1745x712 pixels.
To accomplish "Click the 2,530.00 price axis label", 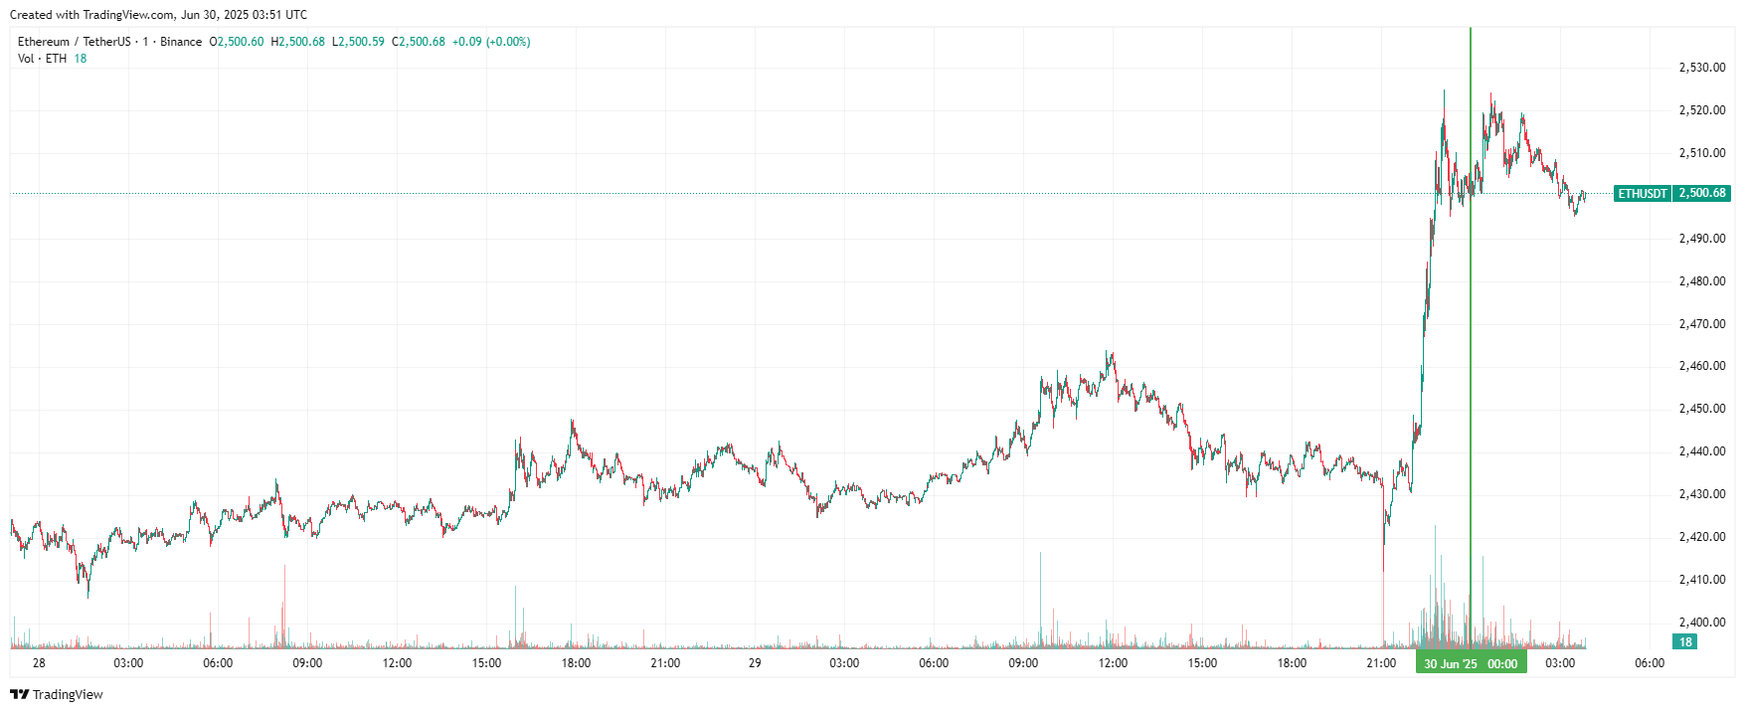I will pos(1701,68).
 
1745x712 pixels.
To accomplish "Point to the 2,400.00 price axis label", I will pos(1701,623).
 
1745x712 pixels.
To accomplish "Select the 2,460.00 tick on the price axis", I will pos(1701,366).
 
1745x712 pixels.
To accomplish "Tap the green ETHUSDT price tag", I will pos(1643,193).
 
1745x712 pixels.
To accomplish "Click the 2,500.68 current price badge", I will pos(1702,193).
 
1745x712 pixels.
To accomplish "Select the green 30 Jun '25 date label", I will pos(1450,663).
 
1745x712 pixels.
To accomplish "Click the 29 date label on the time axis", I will pos(755,663).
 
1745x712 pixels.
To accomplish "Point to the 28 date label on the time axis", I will pos(39,663).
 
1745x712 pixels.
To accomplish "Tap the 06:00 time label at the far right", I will pos(1650,663).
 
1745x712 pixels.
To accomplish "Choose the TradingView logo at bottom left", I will pos(57,694).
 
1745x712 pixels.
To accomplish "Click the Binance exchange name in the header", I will pos(181,42).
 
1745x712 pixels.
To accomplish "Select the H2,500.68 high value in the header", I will pos(297,42).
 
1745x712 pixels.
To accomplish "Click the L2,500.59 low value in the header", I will pos(358,42).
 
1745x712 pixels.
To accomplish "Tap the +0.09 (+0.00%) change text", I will pos(491,42).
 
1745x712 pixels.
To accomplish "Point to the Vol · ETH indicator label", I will pos(42,59).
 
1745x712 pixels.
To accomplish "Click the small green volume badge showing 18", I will pos(1684,642).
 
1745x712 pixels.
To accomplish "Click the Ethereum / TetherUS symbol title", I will pos(74,42).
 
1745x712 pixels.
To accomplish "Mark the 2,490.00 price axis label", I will pos(1701,239).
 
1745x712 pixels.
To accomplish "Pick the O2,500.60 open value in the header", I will pos(237,42).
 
